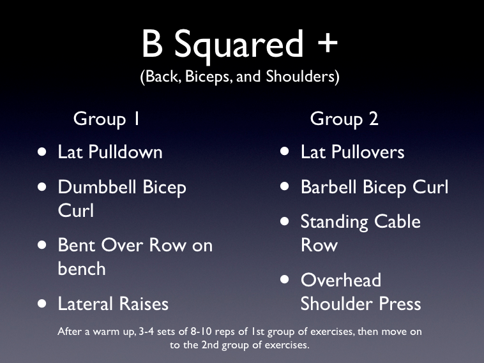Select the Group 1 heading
107,119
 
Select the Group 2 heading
344,119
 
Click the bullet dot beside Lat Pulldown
42,152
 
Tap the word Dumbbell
96,187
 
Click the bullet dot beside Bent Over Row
42,245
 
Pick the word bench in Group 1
82,269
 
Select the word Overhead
340,280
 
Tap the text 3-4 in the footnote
159,332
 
